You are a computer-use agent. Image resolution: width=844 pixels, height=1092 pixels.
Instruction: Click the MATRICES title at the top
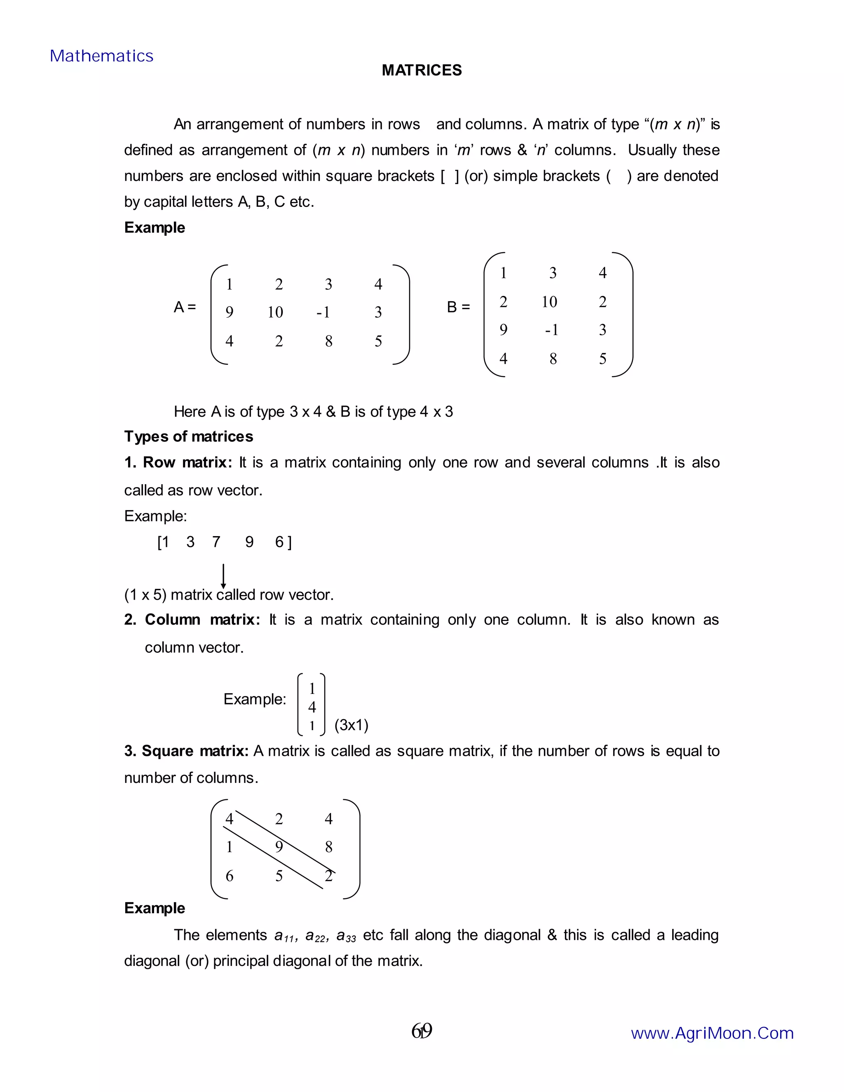(422, 70)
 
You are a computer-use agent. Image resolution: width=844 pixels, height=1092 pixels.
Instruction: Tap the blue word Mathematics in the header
(101, 56)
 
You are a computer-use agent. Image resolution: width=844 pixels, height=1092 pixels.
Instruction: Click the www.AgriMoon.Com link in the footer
(712, 1033)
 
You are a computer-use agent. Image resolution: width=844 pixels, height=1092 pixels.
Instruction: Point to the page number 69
(422, 1031)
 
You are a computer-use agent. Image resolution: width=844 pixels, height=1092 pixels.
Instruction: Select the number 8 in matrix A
(328, 342)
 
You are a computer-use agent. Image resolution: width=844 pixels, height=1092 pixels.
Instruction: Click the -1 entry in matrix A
(324, 312)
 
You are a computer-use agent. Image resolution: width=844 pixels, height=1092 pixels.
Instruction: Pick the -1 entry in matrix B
(551, 330)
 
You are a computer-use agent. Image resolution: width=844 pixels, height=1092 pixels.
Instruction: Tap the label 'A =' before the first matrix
(185, 307)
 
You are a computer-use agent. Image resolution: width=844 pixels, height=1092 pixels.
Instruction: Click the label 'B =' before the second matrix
(458, 307)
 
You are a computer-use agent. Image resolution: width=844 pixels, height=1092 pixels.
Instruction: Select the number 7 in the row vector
(216, 542)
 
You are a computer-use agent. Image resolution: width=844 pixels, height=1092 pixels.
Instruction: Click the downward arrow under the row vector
(223, 576)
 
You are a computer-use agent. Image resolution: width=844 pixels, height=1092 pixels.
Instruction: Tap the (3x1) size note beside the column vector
(351, 725)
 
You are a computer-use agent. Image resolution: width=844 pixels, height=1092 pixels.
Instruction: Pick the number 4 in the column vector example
(312, 707)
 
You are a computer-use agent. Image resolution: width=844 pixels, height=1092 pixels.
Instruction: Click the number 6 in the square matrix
(230, 876)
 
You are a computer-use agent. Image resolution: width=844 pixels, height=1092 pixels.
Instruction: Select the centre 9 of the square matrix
(279, 847)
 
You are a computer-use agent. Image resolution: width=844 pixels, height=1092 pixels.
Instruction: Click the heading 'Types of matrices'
(188, 436)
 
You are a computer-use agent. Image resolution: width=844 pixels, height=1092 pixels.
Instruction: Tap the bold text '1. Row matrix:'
(178, 462)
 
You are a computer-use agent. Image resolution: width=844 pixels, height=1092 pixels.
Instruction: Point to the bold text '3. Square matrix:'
(186, 751)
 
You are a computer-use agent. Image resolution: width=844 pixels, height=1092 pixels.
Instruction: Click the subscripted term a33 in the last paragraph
(346, 935)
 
